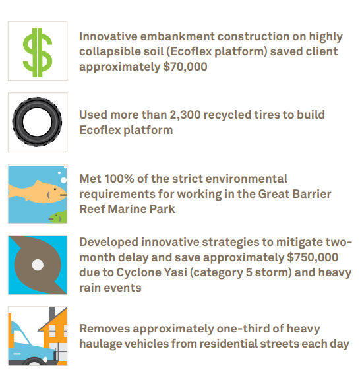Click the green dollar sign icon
(x=38, y=53)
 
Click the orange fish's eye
(x=55, y=189)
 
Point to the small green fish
(x=59, y=217)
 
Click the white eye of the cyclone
(x=38, y=265)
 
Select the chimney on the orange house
(x=53, y=313)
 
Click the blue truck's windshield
(x=21, y=336)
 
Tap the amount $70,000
(x=185, y=67)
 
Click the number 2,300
(x=185, y=115)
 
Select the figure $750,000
(x=313, y=257)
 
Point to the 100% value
(x=119, y=179)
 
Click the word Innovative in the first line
(x=108, y=36)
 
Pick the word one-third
(x=243, y=329)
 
